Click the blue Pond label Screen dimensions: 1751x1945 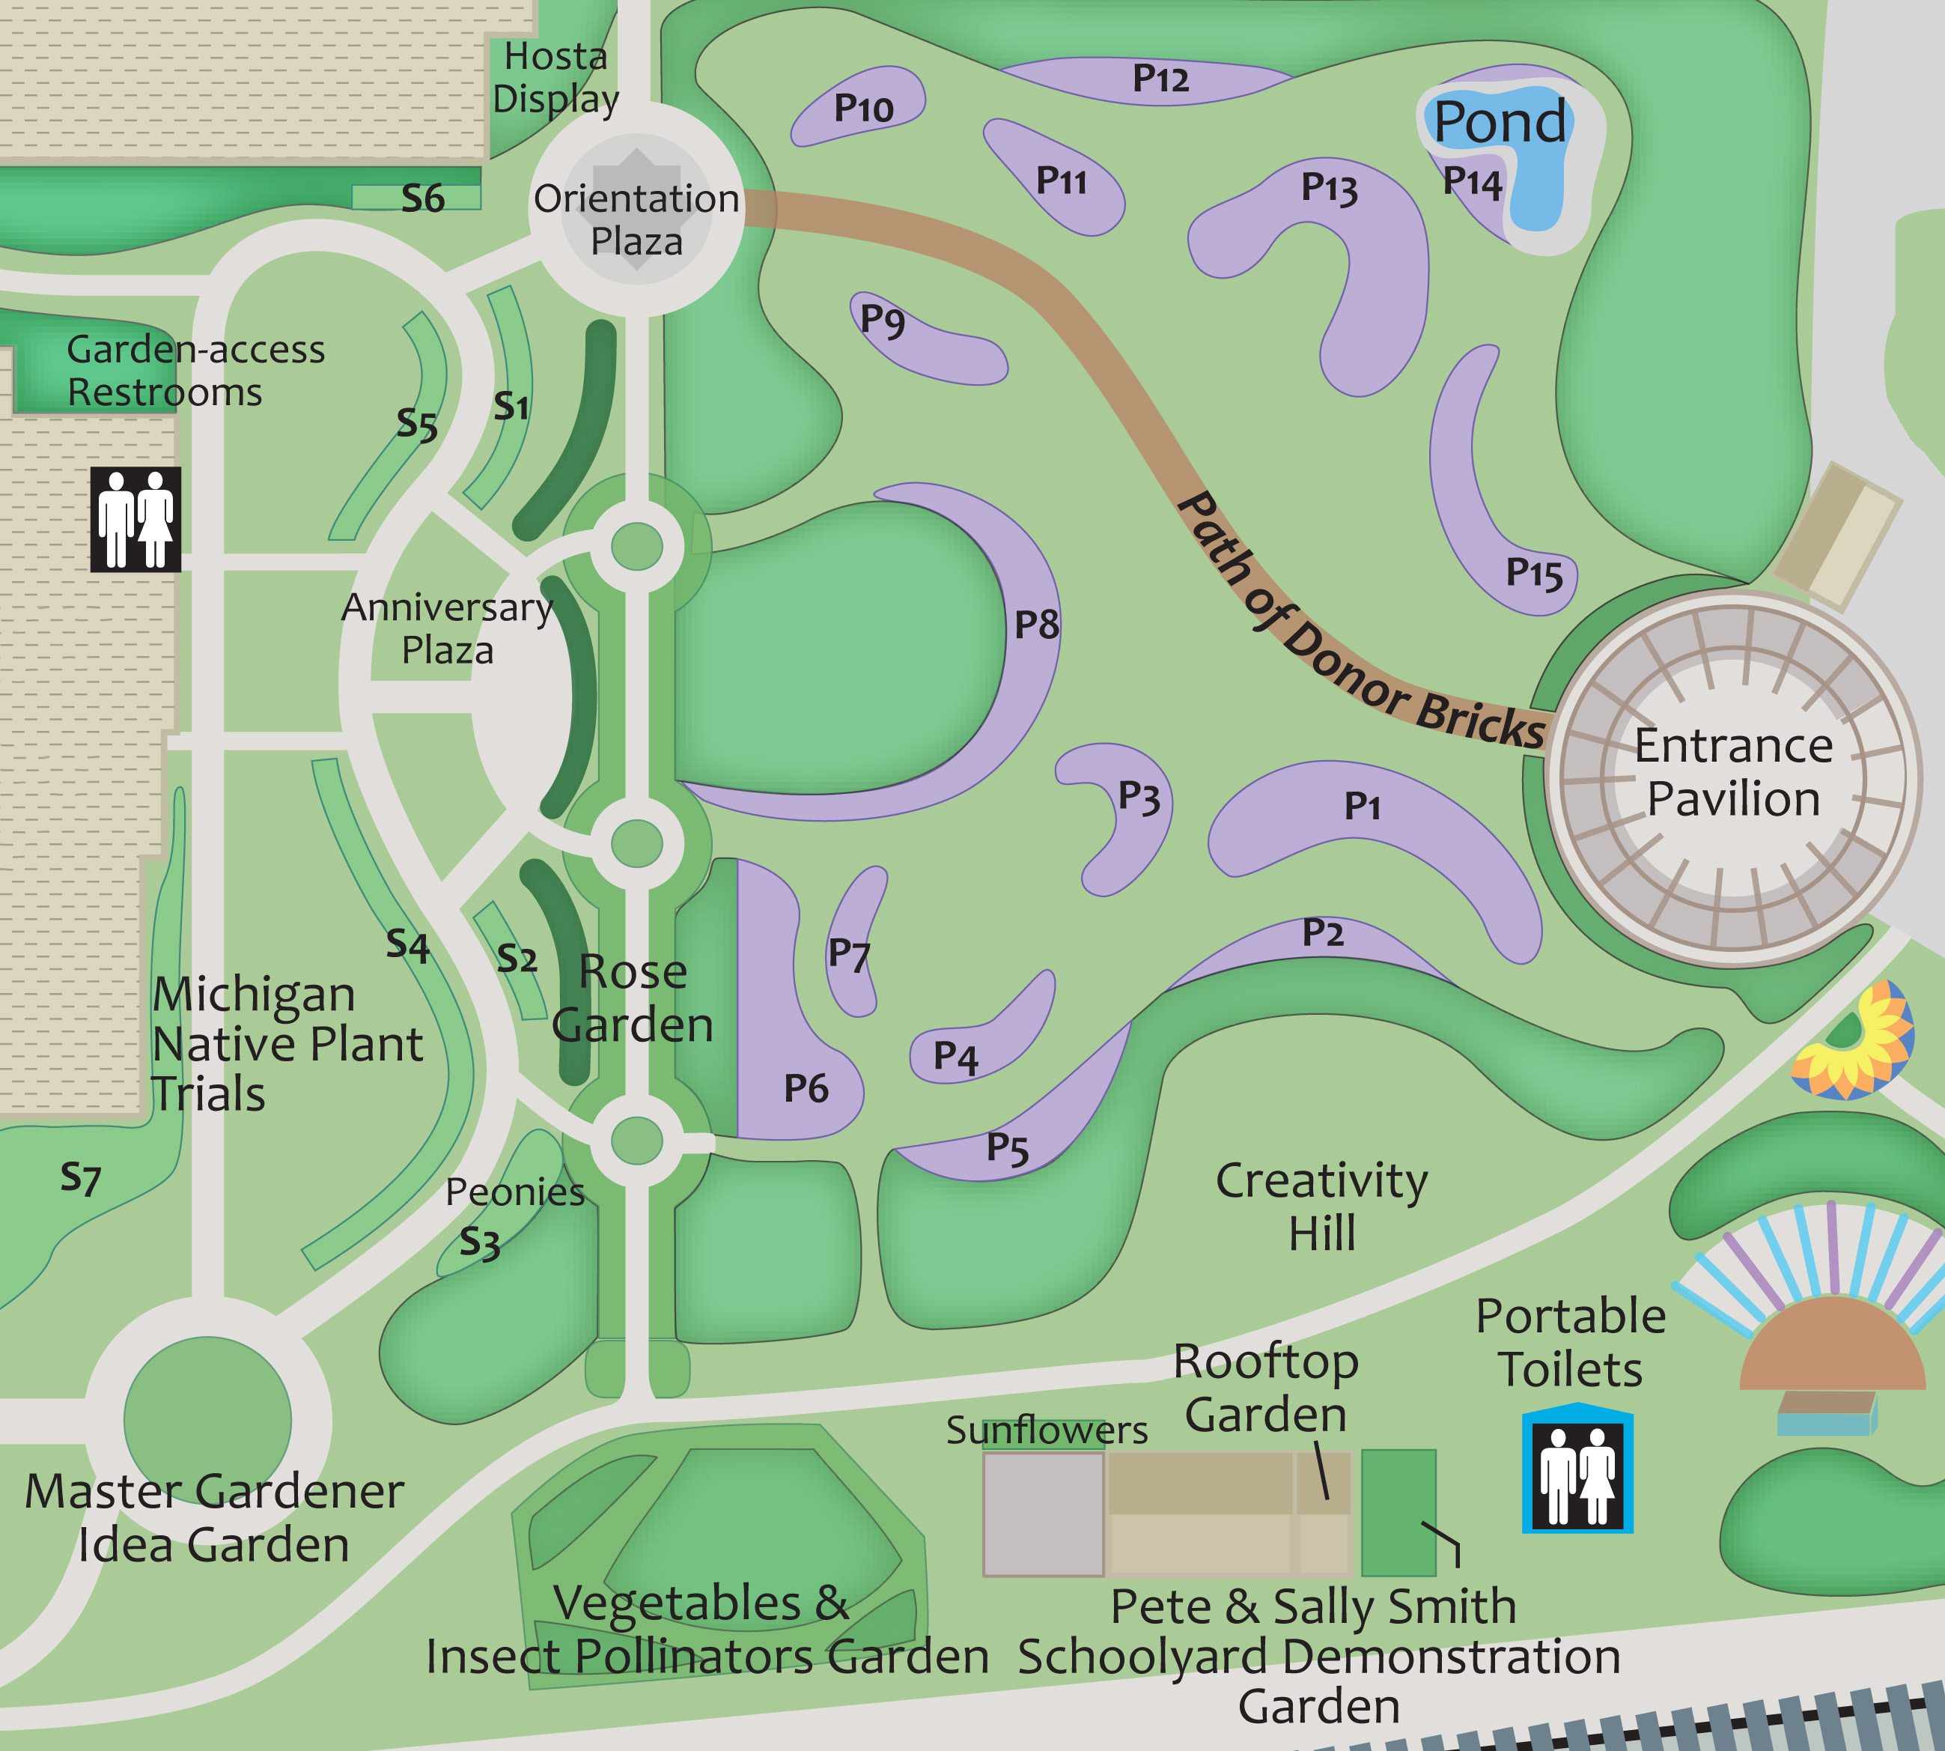click(1500, 122)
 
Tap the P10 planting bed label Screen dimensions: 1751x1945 click(863, 109)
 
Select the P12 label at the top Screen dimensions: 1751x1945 click(1160, 79)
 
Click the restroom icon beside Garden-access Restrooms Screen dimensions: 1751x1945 click(136, 520)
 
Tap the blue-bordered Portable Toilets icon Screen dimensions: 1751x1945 click(1577, 1468)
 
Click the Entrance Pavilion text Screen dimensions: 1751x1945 click(1733, 771)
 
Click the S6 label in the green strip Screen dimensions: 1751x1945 click(422, 199)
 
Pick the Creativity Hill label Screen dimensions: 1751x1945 click(1321, 1207)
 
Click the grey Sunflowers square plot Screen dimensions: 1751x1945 click(1043, 1514)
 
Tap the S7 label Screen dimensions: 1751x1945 click(80, 1177)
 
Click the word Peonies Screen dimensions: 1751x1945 click(514, 1192)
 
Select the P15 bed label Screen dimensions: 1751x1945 click(1533, 574)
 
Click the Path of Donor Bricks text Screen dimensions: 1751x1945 click(1357, 625)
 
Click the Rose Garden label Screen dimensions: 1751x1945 click(633, 998)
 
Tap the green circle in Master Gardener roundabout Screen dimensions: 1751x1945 click(208, 1420)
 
